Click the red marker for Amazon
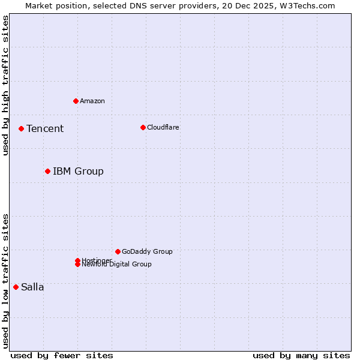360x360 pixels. click(76, 101)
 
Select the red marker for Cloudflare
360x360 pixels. click(143, 127)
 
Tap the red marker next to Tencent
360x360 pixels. click(21, 128)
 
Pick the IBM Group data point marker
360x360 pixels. click(47, 172)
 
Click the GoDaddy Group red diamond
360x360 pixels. click(118, 251)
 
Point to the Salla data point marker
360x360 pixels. click(16, 287)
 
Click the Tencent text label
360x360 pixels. click(45, 129)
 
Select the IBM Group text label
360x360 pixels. click(78, 172)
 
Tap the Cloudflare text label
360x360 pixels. click(163, 127)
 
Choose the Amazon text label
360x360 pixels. click(92, 101)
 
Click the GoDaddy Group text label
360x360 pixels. click(147, 251)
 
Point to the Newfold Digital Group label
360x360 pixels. click(117, 265)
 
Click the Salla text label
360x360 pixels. click(32, 287)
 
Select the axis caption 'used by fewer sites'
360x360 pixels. click(62, 355)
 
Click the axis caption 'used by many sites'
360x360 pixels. click(301, 355)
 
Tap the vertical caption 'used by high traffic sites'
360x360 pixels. click(5, 85)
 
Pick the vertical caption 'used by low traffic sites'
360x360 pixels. click(5, 280)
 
